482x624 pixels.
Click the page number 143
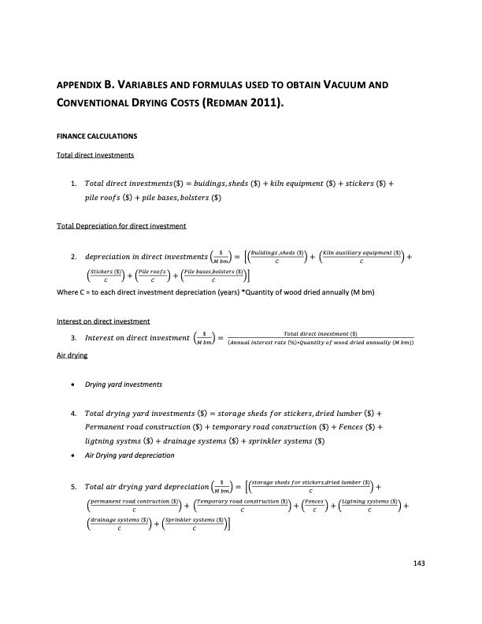click(418, 562)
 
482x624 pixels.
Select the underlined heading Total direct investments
click(95, 154)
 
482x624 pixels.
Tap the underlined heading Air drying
click(72, 355)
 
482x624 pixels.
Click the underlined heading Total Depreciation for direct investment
click(120, 227)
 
